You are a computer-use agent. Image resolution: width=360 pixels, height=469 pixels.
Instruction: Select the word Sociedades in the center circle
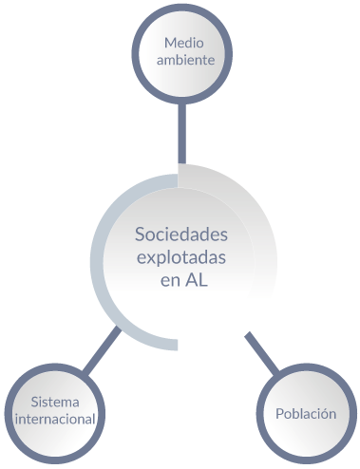click(181, 234)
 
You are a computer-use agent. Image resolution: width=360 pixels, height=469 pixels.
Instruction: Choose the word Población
click(306, 414)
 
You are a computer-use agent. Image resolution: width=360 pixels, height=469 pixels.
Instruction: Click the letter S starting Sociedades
click(141, 234)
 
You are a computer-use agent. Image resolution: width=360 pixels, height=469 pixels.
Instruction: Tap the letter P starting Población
click(279, 414)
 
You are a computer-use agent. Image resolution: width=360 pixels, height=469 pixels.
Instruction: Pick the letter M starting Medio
click(169, 43)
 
